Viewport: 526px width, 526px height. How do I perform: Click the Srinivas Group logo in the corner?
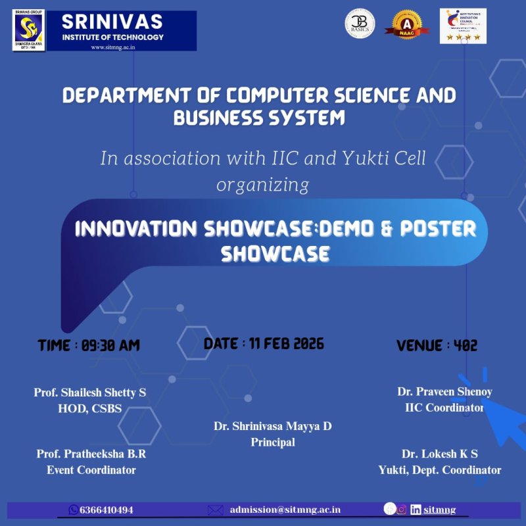28,30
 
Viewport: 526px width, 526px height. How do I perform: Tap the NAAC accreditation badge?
407,25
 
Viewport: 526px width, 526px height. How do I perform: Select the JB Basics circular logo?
360,24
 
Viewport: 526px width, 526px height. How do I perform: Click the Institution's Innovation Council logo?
463,26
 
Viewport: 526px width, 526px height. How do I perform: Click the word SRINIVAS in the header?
112,22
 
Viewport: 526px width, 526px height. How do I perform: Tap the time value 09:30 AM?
110,345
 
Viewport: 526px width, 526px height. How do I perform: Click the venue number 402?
465,345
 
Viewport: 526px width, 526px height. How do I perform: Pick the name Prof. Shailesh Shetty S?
90,393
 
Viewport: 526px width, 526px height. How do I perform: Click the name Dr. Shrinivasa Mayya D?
272,426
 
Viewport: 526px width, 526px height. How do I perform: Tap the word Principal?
272,442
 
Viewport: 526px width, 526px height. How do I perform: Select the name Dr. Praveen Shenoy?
444,391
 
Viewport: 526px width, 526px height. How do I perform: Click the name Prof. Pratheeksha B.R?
91,454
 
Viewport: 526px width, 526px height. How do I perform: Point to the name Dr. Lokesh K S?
439,454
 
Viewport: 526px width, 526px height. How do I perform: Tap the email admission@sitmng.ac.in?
285,510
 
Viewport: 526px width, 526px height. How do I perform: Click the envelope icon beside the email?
216,510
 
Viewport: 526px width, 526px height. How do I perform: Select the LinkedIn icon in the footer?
416,510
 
